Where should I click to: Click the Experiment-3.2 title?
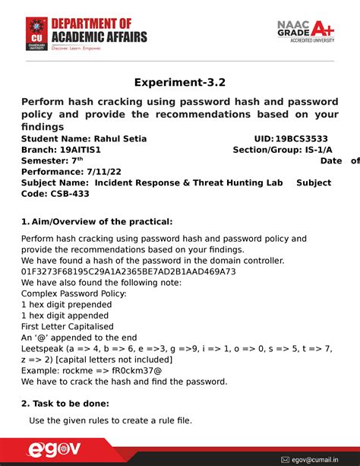click(180, 82)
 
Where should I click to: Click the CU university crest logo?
click(35, 33)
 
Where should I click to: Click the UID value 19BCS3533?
click(302, 139)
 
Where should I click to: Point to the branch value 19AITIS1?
click(81, 150)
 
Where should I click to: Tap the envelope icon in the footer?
click(286, 459)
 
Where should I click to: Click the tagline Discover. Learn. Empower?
click(75, 47)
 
